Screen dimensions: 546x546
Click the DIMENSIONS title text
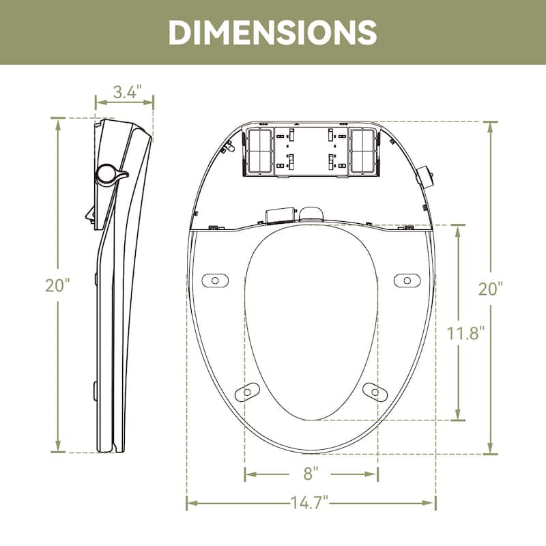(272, 31)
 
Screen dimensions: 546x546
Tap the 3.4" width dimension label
(128, 90)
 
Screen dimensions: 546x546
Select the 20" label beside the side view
(59, 285)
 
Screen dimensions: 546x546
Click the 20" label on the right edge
(490, 288)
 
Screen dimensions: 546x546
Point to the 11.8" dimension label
(467, 334)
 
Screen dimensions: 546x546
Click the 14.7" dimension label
(311, 504)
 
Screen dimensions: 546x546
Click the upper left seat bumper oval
(215, 280)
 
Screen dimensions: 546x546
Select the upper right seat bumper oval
(407, 280)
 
